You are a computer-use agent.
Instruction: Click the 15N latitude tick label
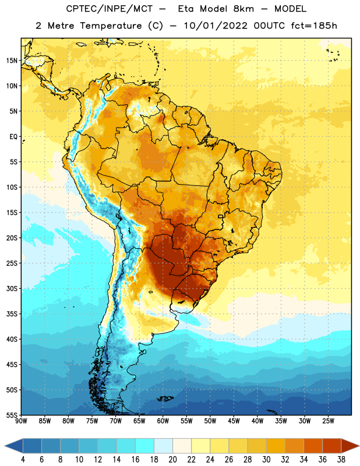coord(12,61)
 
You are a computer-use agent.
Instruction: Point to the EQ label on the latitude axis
coord(13,137)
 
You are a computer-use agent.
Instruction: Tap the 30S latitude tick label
coord(12,289)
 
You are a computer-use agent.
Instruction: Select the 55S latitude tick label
coord(12,415)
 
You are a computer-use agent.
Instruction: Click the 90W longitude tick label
coord(21,421)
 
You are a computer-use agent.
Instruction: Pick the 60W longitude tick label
coord(163,421)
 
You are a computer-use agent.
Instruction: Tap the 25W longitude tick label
coord(328,421)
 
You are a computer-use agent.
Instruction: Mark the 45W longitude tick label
coord(234,421)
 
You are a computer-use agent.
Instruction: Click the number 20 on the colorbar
coord(172,460)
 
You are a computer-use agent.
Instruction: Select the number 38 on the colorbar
coord(341,460)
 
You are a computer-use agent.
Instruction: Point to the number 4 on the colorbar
coord(23,460)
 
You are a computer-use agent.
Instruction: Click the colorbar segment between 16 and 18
coord(145,446)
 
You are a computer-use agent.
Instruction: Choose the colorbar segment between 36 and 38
coord(332,446)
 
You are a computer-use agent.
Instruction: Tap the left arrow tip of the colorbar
coord(5,446)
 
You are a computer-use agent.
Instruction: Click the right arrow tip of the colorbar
coord(359,446)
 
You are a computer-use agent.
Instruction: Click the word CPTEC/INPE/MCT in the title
coord(110,9)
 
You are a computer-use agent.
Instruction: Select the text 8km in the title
coord(243,9)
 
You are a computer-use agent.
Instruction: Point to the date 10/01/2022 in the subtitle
coord(216,26)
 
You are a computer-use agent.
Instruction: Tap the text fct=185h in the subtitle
coord(314,26)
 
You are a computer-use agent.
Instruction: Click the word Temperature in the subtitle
coord(111,26)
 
